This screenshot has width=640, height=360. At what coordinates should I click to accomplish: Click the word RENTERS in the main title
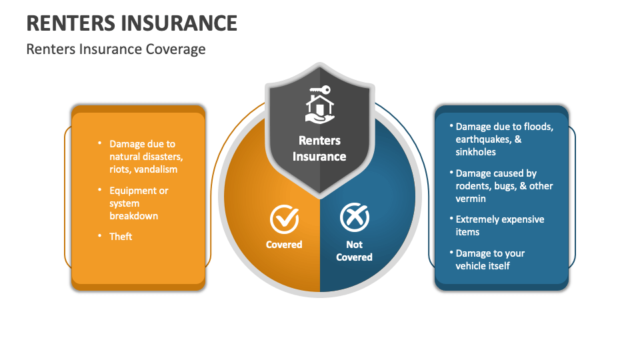click(71, 23)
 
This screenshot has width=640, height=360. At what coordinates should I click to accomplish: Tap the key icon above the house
click(320, 90)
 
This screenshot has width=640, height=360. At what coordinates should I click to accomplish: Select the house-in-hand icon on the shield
click(320, 109)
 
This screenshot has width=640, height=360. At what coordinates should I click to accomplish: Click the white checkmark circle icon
click(285, 219)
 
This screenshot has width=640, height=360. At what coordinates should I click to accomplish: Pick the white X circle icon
click(355, 217)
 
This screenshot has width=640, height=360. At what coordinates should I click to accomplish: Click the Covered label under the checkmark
click(284, 245)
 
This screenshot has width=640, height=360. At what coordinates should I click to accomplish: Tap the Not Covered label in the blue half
click(354, 251)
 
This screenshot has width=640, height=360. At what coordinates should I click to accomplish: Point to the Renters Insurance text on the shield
click(319, 149)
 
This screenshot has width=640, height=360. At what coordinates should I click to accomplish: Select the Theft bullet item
click(121, 237)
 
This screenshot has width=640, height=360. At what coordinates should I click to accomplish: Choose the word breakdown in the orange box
click(134, 216)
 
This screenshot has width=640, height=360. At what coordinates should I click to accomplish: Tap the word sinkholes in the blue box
click(476, 152)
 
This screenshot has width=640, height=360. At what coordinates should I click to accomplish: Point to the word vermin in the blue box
click(471, 199)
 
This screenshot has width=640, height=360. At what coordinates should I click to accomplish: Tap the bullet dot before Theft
click(99, 235)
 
